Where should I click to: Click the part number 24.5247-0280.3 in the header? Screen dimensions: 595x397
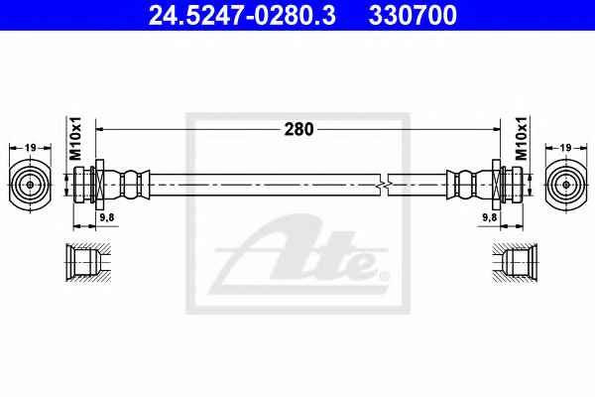tap(242, 15)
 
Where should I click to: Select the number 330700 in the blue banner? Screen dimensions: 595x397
tap(413, 15)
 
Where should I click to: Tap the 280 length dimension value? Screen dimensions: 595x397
tap(299, 130)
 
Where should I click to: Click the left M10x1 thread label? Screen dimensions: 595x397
tap(75, 138)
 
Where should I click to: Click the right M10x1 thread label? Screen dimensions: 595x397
tap(521, 138)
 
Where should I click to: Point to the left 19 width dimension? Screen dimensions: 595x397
tap(31, 148)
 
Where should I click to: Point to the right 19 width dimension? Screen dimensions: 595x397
tap(566, 148)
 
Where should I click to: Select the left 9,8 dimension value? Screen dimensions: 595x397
tap(107, 217)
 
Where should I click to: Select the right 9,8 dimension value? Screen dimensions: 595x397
tap(489, 217)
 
